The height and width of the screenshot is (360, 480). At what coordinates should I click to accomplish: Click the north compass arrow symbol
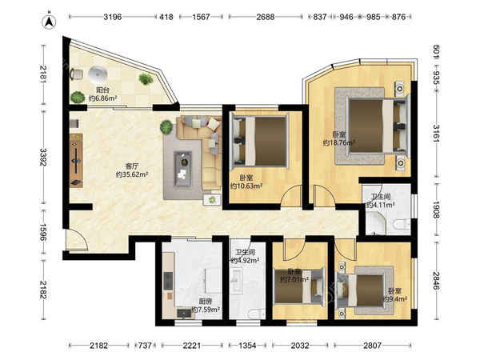pos(49,21)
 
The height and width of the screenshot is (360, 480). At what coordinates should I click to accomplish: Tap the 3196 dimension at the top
pos(113,17)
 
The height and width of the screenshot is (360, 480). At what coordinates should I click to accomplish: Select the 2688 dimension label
pos(266,17)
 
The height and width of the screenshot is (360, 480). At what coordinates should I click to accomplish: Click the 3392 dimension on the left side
pos(43,158)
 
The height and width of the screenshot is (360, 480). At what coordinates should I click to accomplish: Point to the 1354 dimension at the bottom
pos(247,346)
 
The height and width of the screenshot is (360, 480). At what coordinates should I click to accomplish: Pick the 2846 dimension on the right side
pos(437,281)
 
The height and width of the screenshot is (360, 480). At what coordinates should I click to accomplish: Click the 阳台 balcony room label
pos(102,90)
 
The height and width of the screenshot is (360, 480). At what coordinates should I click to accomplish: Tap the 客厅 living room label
pos(132,166)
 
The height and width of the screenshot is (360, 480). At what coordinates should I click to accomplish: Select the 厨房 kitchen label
pos(206,302)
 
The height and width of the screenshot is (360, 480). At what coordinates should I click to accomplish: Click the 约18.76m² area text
pos(339,142)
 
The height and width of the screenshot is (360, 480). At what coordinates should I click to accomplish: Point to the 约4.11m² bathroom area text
pos(381,205)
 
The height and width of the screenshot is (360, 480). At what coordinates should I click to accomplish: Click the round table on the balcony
pos(98,74)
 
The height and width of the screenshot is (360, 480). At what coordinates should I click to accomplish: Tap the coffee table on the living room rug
pos(183,170)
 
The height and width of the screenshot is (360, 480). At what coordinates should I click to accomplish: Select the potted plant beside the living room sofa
pos(166,127)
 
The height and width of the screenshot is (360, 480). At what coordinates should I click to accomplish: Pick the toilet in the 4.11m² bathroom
pos(402,225)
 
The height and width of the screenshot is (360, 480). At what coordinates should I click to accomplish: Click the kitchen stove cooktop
pos(168,281)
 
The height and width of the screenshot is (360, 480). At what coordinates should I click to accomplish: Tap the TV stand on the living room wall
pos(76,160)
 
